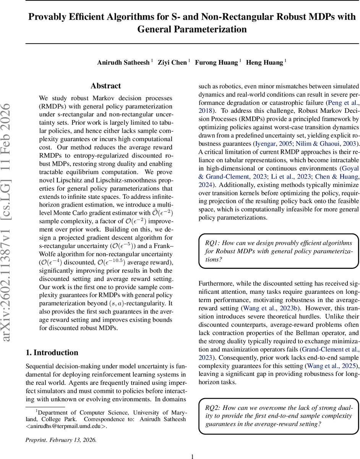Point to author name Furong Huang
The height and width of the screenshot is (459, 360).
pos(216,62)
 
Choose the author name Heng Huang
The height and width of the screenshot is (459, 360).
pos(264,62)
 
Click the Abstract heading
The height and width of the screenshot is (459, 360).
pos(106,86)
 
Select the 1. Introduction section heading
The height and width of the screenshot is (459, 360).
pos(52,353)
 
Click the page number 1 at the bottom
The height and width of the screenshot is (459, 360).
pos(192,456)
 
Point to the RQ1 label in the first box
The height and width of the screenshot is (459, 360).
pos(212,243)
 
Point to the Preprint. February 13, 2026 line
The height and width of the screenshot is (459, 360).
pos(61,440)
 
